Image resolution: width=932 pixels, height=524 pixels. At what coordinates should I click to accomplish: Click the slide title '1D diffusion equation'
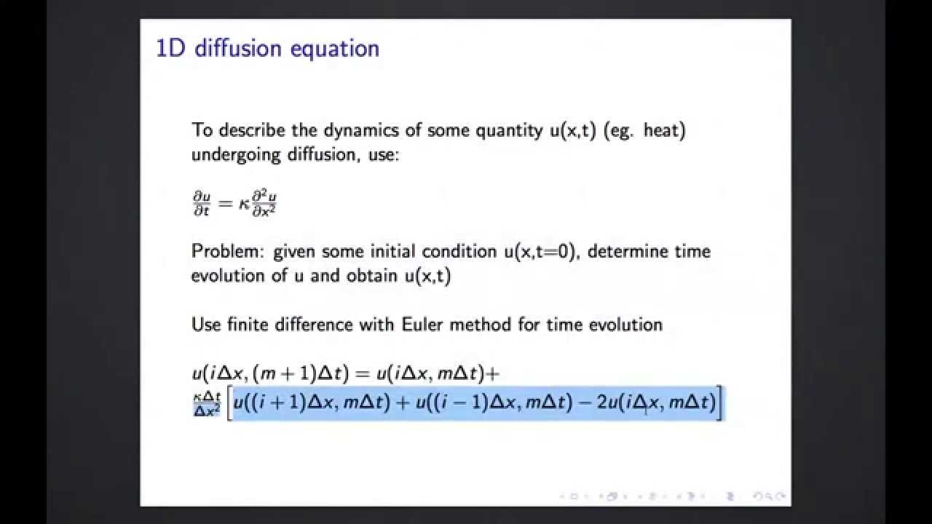click(267, 49)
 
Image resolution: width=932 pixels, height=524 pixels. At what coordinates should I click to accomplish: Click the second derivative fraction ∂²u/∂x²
click(263, 203)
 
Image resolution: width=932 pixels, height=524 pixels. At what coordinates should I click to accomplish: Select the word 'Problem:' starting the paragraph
click(228, 252)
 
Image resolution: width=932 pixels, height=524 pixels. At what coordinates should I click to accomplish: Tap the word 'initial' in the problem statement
click(398, 251)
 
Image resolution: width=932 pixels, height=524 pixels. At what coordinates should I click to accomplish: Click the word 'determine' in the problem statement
click(634, 251)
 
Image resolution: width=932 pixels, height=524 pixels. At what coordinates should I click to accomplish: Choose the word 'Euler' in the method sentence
click(423, 324)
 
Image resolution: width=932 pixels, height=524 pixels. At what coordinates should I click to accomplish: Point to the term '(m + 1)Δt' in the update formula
click(302, 374)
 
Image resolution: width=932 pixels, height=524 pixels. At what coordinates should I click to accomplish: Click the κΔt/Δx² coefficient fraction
click(206, 403)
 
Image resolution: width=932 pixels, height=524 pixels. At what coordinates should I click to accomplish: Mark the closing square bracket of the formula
click(720, 403)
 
